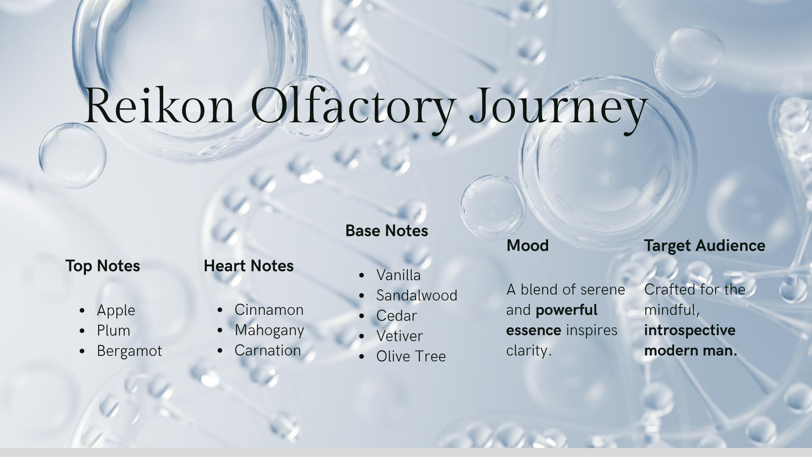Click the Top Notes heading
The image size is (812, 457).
(103, 266)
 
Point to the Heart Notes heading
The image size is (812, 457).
(249, 266)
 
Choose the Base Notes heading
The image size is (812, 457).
(387, 231)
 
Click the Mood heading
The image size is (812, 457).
(528, 245)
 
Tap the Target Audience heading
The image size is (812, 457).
(705, 246)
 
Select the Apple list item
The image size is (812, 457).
(116, 311)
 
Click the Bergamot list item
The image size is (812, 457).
(129, 351)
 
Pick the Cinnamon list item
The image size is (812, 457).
(269, 310)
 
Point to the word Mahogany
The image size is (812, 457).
(269, 330)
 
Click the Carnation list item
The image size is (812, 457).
(268, 350)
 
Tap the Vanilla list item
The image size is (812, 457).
(398, 275)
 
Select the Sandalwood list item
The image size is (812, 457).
(417, 295)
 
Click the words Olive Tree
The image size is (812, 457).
(411, 356)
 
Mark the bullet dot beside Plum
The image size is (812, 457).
(82, 331)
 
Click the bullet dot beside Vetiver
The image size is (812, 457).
(362, 336)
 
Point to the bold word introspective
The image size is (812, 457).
(690, 330)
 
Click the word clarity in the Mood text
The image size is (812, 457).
(529, 351)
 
